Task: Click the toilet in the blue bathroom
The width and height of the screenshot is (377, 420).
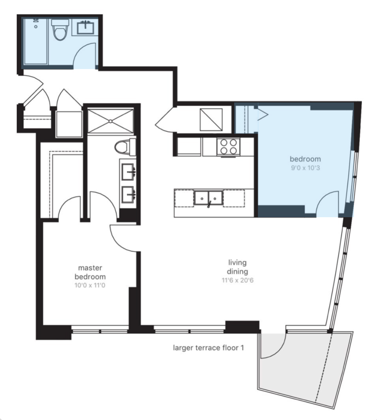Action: click(x=60, y=29)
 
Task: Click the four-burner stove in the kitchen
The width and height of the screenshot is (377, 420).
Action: click(x=228, y=147)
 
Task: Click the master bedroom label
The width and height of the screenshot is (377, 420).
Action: click(x=90, y=272)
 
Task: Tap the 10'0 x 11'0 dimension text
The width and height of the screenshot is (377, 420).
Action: click(x=90, y=286)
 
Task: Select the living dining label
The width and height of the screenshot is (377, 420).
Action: click(x=237, y=267)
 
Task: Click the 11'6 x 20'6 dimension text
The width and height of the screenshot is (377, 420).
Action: click(x=237, y=280)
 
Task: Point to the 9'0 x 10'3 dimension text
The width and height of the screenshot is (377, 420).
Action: click(x=305, y=168)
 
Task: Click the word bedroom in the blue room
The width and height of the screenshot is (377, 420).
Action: click(x=305, y=159)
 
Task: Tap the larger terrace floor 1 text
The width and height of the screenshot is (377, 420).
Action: click(x=208, y=348)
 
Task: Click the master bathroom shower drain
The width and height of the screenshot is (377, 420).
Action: click(x=110, y=121)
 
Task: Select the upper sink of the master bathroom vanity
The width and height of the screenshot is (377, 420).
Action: click(x=128, y=172)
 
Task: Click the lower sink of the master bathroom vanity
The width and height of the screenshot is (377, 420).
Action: click(x=128, y=195)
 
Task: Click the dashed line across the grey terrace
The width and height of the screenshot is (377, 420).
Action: click(x=324, y=367)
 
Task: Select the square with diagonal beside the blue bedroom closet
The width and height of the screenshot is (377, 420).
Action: click(x=211, y=119)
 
